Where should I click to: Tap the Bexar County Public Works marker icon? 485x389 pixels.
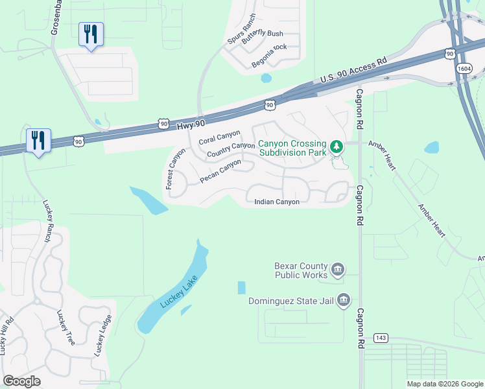pyautogui.click(x=338, y=269)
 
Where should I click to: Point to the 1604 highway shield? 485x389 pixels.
pyautogui.click(x=464, y=67)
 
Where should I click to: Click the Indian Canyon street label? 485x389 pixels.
pyautogui.click(x=277, y=202)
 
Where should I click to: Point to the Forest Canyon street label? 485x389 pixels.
pyautogui.click(x=175, y=169)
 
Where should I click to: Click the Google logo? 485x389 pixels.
pyautogui.click(x=22, y=381)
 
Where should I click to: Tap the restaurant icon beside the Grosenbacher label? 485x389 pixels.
pyautogui.click(x=91, y=33)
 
